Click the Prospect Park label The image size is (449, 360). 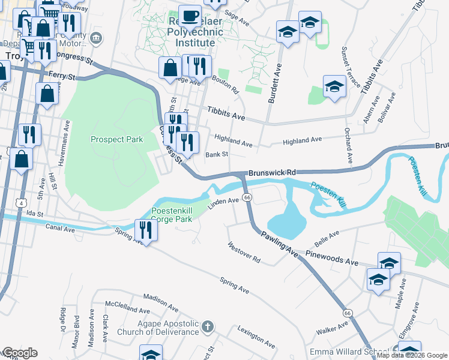click(116, 139)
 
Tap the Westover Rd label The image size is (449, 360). click(244, 253)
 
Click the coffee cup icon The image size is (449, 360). click(190, 15)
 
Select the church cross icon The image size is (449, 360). click(207, 327)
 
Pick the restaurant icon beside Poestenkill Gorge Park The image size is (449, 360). click(145, 229)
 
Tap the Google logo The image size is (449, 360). click(19, 353)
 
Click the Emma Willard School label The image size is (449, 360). click(349, 352)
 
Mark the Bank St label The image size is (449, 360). click(217, 155)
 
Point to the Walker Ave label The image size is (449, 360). click(331, 328)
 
